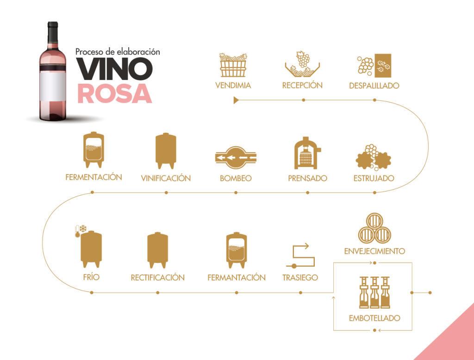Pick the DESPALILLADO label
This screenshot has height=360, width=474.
pos(374,86)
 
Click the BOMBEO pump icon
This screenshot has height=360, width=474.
pos(236,157)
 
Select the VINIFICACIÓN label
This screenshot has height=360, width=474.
pos(166,178)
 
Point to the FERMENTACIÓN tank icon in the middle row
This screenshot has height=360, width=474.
pos(94,150)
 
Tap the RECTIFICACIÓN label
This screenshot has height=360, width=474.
pos(157,278)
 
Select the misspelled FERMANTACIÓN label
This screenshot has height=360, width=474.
pos(236,278)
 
